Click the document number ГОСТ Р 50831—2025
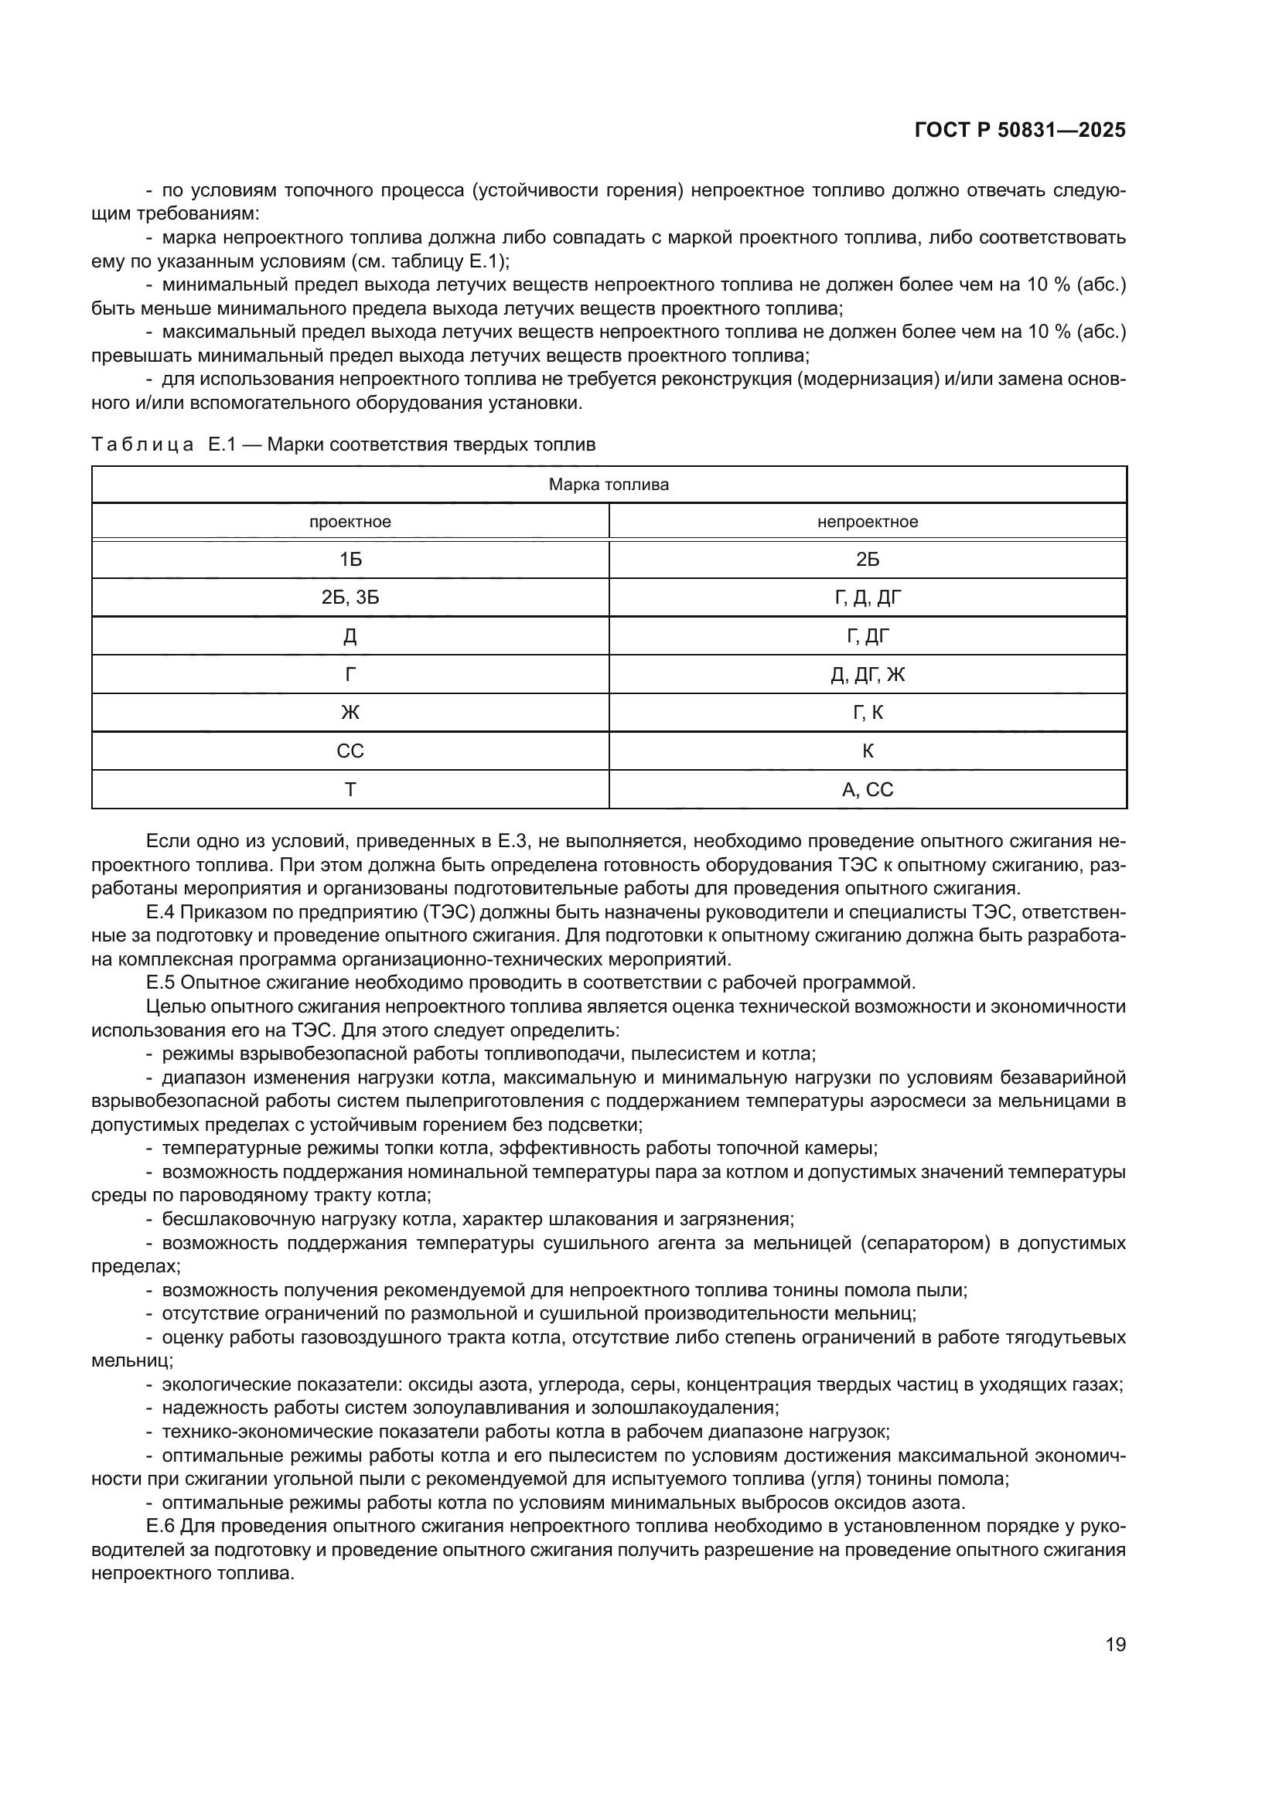[x=1020, y=131]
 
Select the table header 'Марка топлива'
[x=609, y=485]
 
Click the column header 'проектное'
[x=350, y=522]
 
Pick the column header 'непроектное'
[x=867, y=522]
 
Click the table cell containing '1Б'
[x=350, y=560]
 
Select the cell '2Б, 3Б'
[x=350, y=598]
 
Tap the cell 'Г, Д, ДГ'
[x=867, y=598]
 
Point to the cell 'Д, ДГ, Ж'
[x=867, y=675]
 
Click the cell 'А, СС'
[x=867, y=790]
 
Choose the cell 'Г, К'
[x=867, y=713]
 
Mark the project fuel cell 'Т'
[x=350, y=790]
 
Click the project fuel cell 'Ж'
[x=350, y=713]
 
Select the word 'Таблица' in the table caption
[x=142, y=445]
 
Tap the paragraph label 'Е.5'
[x=161, y=982]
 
